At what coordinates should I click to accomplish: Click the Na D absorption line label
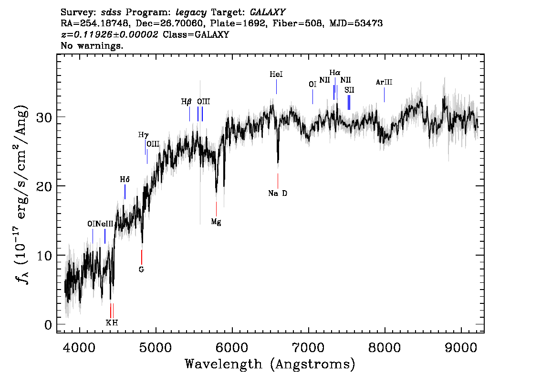(278, 193)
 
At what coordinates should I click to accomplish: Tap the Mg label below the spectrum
(216, 222)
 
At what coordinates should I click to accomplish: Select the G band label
(141, 269)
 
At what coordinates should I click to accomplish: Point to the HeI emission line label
(276, 74)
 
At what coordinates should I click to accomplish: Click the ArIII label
(384, 82)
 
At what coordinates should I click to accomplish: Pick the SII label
(349, 90)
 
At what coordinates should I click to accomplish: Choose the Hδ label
(125, 180)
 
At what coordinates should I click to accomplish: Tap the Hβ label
(186, 102)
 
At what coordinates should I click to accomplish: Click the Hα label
(335, 73)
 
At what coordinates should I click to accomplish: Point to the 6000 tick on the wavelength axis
(232, 347)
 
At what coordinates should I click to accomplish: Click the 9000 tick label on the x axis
(461, 347)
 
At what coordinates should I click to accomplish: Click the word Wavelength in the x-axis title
(224, 364)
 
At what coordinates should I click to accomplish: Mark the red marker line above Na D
(278, 181)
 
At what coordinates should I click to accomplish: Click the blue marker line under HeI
(276, 87)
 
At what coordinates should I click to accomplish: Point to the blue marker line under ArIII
(385, 95)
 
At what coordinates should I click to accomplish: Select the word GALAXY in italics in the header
(267, 12)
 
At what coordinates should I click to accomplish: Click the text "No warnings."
(92, 45)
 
